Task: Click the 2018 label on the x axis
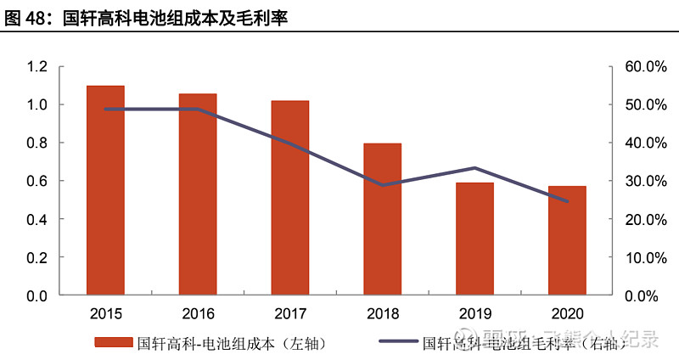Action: [383, 313]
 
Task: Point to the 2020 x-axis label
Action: [567, 313]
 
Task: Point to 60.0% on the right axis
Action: [648, 66]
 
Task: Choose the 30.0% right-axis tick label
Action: [648, 181]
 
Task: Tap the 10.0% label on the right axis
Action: [648, 257]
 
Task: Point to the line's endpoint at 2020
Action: [567, 201]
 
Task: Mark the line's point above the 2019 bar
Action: [474, 168]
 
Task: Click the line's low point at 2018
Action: [383, 185]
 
